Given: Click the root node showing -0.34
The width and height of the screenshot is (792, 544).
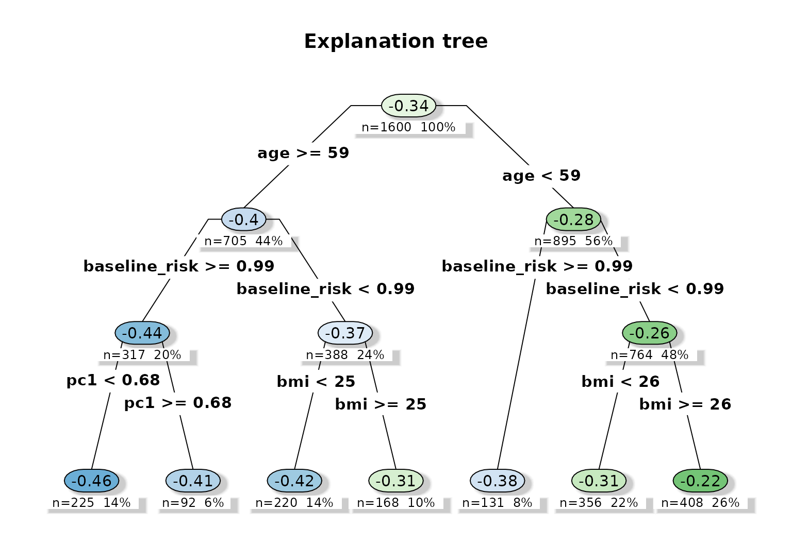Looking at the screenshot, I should pos(409,106).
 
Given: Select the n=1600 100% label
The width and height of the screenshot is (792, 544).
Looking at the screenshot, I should pos(408,127).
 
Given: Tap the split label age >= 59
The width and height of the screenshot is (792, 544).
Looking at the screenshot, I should pos(303,154).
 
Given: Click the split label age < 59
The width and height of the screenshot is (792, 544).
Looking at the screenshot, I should pos(541,176).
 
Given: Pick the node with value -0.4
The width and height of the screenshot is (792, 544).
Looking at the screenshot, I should pos(244,220).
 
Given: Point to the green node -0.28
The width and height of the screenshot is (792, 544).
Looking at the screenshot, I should pos(573,220).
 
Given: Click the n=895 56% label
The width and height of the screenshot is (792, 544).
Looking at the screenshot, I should pos(573,241).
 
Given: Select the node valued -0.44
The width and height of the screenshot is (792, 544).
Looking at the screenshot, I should pos(142,333).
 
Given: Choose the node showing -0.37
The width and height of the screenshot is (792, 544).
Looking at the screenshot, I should pos(345,333).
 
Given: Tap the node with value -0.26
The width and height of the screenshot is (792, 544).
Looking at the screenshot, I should pos(649,333).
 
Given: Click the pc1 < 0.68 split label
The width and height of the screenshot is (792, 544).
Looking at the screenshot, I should pos(113,381).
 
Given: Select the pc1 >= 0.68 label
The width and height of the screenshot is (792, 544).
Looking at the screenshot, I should pos(178,403).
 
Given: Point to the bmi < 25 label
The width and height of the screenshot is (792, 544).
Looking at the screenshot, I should pos(316,382).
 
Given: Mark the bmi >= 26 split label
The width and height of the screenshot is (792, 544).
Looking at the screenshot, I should pos(685,404).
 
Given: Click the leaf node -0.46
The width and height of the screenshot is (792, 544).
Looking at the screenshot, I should pos(92,481).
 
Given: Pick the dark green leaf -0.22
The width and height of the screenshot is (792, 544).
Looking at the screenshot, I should pos(700,481).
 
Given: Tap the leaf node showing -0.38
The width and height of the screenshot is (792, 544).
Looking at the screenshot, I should pos(498,481).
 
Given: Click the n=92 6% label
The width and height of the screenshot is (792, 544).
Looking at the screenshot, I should pos(193,503).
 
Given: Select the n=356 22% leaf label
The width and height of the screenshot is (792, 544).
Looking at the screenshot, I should pos(599,503).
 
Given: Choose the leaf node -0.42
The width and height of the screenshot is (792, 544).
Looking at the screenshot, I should pos(294,481).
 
